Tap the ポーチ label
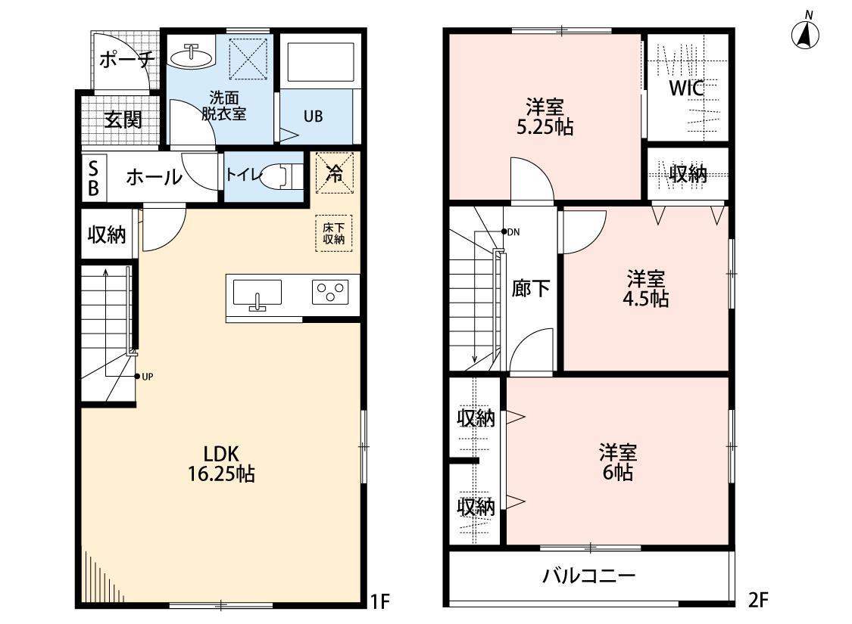coord(127,59)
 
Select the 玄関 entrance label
coord(123,120)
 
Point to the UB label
coord(313,116)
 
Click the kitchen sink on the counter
coord(257,293)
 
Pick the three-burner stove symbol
coord(331,292)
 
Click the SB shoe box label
coord(93,179)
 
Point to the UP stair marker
coord(141,375)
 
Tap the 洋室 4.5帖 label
coord(646,288)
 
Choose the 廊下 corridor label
coord(530,288)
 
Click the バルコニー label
coord(588,576)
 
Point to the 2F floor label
coord(759,601)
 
